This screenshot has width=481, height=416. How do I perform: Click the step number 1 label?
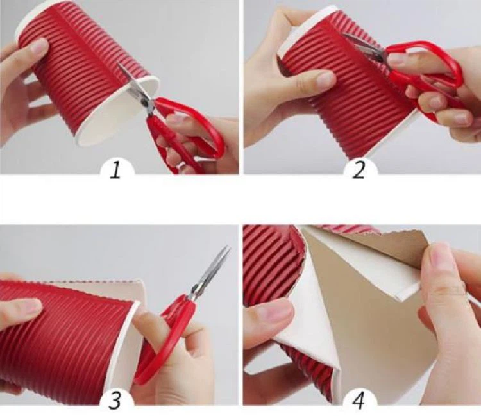(x=115, y=171)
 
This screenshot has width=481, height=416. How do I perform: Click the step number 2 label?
(x=359, y=170)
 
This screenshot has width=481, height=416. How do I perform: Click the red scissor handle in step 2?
(x=426, y=74)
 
